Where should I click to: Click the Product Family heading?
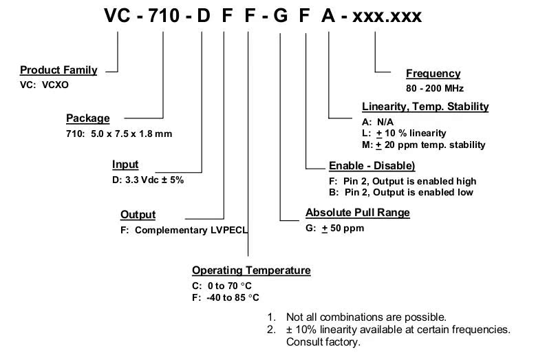coord(58,70)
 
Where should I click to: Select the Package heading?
coord(87,118)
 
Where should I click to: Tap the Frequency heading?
coord(433,74)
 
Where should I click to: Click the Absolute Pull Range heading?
coord(357,212)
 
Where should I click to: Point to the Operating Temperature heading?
coord(251,271)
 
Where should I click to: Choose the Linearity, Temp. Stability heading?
coord(425,106)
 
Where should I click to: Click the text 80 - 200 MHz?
coord(435,88)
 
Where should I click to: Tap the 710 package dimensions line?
coord(119,134)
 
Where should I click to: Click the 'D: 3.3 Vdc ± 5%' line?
coord(148,180)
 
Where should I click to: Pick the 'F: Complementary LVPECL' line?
coord(184,230)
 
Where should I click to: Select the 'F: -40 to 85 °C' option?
coord(226,297)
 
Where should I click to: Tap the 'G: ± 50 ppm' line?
coord(334,228)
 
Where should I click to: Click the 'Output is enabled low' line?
coord(401,192)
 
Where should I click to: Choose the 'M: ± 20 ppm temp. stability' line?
coord(424,145)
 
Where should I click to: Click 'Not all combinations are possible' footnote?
coord(357,317)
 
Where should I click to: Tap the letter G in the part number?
coord(281,15)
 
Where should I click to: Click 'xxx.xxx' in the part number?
coord(387,15)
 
